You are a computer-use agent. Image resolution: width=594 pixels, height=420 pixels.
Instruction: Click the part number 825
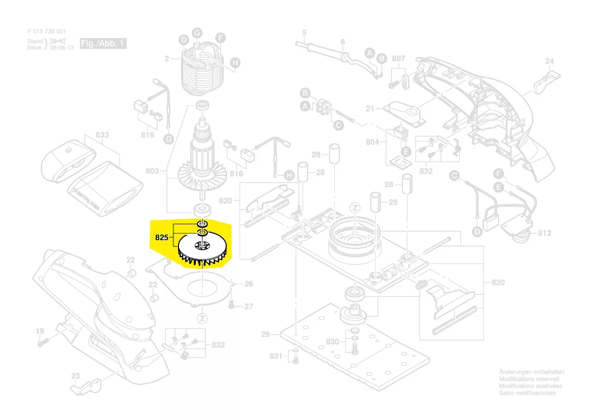(161, 237)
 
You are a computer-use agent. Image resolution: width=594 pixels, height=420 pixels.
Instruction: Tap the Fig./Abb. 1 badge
(103, 44)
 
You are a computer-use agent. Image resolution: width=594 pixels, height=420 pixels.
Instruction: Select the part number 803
(152, 171)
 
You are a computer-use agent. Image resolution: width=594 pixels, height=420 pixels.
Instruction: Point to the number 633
(102, 136)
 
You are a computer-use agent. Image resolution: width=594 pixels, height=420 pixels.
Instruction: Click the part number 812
(544, 233)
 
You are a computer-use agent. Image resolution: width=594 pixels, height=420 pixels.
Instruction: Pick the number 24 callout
(549, 62)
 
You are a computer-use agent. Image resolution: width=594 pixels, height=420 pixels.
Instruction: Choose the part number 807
(399, 59)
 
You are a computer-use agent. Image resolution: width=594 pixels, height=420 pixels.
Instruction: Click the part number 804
(372, 142)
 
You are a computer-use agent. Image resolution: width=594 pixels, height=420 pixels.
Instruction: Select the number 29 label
(265, 335)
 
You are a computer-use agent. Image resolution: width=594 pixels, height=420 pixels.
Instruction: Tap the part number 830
(333, 342)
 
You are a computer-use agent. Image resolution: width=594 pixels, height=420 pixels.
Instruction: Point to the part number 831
(276, 356)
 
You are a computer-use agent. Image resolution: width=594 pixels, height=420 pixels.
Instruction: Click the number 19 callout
(40, 332)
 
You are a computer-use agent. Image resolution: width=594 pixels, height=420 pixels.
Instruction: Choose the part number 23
(75, 376)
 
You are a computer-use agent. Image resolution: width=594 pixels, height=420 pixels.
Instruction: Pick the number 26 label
(249, 284)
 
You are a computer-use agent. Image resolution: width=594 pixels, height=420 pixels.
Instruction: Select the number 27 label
(249, 307)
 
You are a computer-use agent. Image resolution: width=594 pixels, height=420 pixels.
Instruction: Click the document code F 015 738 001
(46, 32)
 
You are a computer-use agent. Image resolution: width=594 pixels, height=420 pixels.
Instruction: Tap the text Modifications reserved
(529, 379)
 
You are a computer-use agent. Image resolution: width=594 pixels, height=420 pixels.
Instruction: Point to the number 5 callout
(304, 34)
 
